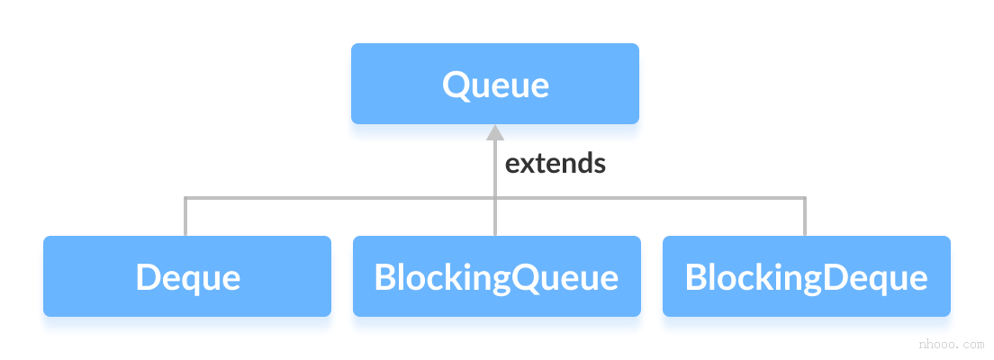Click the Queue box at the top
click(x=494, y=84)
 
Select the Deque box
click(x=187, y=276)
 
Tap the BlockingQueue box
click(x=496, y=276)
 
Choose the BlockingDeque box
click(x=806, y=276)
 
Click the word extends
click(x=555, y=164)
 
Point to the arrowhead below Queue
click(x=494, y=133)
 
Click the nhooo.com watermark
click(x=950, y=344)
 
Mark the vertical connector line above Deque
click(x=185, y=218)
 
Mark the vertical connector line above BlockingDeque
click(x=805, y=218)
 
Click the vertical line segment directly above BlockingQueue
click(x=494, y=218)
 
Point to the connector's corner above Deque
click(x=185, y=198)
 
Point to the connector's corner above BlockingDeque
click(x=805, y=198)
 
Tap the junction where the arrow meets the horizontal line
click(x=494, y=198)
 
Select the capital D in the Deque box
click(x=147, y=277)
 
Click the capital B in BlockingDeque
click(x=695, y=277)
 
